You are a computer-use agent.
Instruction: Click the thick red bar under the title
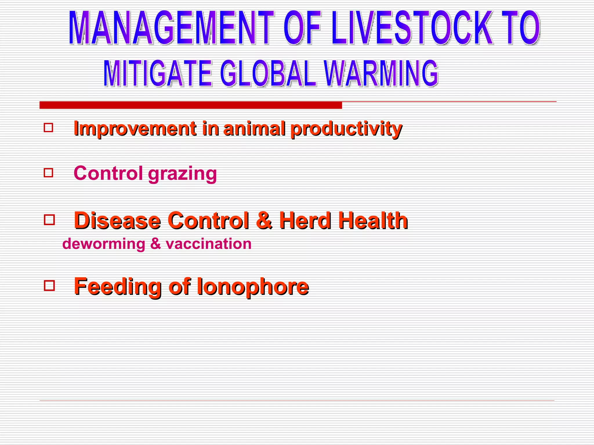(x=191, y=105)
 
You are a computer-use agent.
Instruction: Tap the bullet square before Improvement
(x=48, y=128)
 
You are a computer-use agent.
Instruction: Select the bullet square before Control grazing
(x=48, y=173)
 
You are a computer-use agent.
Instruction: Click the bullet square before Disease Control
(x=49, y=220)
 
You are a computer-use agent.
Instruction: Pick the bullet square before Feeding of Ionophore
(x=49, y=286)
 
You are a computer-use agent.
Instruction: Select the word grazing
(x=182, y=174)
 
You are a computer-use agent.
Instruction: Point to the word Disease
(x=117, y=221)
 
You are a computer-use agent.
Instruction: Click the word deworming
(x=104, y=244)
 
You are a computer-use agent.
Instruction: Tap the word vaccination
(x=209, y=244)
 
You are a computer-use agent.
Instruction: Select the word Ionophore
(x=253, y=287)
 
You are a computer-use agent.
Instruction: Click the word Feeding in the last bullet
(x=118, y=287)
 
